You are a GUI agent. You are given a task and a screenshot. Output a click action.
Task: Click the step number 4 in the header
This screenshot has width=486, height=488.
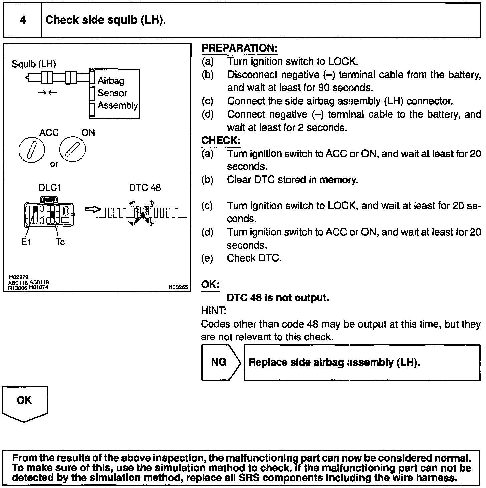[x=23, y=20]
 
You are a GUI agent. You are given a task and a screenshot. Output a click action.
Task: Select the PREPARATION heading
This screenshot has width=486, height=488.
[x=239, y=48]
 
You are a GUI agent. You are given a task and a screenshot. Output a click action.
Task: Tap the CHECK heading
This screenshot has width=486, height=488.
[x=220, y=140]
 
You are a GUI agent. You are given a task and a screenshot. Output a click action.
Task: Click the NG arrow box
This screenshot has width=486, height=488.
[x=220, y=362]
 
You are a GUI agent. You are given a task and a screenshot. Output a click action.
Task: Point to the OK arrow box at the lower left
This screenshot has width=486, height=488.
[x=25, y=402]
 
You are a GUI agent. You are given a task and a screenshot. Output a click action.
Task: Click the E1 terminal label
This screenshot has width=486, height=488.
[x=26, y=242]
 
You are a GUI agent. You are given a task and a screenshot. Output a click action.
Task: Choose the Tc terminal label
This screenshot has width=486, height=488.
[x=60, y=242]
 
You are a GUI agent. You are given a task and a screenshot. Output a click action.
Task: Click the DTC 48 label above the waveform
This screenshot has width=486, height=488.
[x=145, y=188]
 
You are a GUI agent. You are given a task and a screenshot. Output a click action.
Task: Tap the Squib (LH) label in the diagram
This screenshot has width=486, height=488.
[x=34, y=64]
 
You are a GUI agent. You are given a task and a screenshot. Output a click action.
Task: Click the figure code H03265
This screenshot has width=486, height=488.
[x=178, y=287]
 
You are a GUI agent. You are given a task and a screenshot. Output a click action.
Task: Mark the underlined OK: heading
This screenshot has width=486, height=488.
[x=210, y=285]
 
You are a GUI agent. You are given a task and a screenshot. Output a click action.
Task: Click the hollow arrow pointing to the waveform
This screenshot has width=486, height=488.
[x=93, y=209]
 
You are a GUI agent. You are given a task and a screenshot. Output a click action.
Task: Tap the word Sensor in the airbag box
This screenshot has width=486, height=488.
[x=112, y=93]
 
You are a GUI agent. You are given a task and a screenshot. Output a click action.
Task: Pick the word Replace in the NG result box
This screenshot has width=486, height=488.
[x=268, y=362]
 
